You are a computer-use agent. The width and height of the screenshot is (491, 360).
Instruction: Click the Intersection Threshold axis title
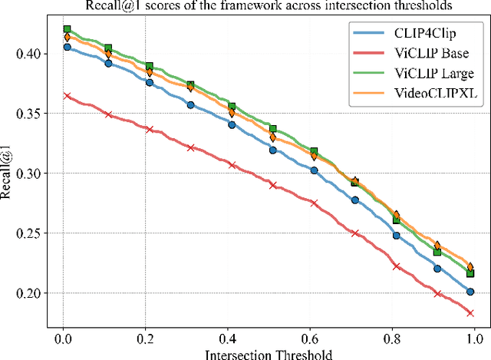coord(268,353)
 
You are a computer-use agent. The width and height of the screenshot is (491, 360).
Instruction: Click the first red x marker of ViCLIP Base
coord(68,97)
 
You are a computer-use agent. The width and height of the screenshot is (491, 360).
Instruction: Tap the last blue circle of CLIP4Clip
coord(470,292)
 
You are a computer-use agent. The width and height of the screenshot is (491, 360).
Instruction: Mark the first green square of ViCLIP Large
coord(68,30)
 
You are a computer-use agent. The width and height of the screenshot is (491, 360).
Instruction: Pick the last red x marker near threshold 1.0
coord(470,312)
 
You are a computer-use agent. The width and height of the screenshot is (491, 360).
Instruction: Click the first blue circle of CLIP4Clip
coord(68,47)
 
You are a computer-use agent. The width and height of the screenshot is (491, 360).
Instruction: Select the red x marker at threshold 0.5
coord(272,185)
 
